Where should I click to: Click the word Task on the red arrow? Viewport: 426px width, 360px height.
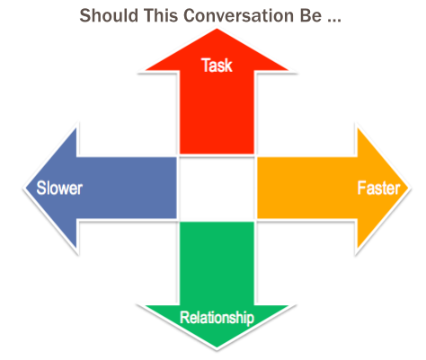point(217,66)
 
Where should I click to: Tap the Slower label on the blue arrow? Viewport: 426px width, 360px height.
point(59,189)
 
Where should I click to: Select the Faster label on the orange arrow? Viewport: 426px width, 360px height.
point(378,189)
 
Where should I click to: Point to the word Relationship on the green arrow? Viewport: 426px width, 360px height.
point(217,318)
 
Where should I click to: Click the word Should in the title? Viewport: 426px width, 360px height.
point(109,15)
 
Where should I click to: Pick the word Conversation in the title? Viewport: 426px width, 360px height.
point(238,15)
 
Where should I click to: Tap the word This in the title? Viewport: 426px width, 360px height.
point(161,15)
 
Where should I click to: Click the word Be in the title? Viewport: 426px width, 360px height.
point(311,15)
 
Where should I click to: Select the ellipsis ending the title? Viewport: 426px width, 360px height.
point(334,21)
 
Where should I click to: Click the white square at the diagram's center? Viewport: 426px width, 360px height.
point(217,188)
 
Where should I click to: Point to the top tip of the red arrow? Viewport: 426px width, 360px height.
point(217,29)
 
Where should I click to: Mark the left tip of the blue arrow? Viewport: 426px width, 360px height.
point(25,188)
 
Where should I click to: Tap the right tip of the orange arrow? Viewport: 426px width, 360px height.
point(409,188)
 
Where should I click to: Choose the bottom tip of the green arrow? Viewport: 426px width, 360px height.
point(217,347)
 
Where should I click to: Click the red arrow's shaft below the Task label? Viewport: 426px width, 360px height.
point(217,114)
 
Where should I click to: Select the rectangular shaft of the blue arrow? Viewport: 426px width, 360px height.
point(127,188)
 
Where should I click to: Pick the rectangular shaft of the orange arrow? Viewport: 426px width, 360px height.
point(307,188)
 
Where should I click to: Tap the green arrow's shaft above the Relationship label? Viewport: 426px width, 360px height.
point(217,263)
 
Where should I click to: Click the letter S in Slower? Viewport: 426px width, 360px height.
point(40,189)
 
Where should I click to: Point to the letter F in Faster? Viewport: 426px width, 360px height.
point(361,189)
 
